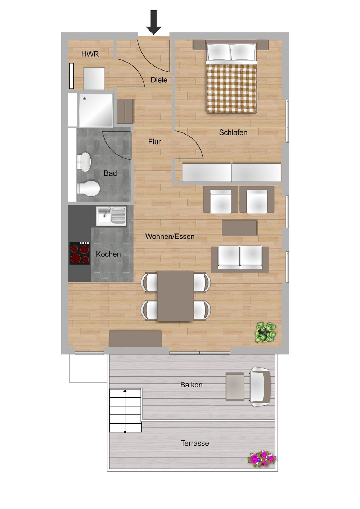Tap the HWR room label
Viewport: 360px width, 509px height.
click(90, 54)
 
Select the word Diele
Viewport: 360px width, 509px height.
click(159, 80)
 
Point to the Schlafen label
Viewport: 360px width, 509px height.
click(233, 133)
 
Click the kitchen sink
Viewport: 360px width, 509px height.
click(112, 216)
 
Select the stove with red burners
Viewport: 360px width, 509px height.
click(80, 253)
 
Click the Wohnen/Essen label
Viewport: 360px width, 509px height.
click(170, 237)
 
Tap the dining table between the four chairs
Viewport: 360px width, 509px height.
click(176, 296)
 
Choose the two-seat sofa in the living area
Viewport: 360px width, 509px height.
click(240, 258)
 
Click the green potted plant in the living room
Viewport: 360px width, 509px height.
click(266, 332)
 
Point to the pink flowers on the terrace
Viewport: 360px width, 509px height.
click(262, 459)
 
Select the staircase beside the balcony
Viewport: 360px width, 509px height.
click(125, 410)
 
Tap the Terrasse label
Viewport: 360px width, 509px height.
click(195, 444)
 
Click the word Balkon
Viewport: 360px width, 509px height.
click(191, 385)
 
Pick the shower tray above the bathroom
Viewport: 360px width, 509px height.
click(96, 110)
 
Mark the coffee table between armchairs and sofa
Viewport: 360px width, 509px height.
click(239, 228)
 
